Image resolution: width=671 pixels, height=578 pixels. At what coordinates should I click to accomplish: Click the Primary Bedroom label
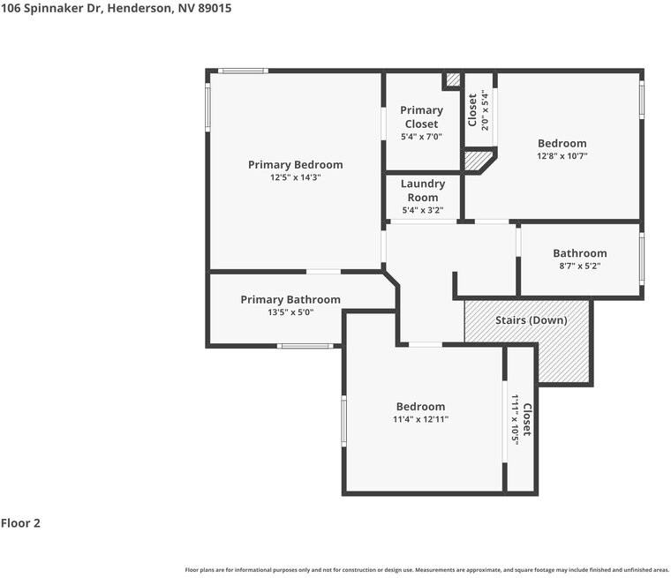pos(295,165)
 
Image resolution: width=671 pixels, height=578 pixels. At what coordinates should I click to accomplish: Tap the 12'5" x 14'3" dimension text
pos(295,177)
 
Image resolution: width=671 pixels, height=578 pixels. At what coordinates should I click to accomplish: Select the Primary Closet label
pos(421,116)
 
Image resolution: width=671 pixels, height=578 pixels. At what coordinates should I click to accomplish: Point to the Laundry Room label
pos(422,191)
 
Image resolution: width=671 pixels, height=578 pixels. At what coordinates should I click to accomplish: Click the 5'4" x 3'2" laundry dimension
pos(422,211)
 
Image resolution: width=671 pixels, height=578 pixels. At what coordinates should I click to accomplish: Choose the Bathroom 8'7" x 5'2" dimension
pos(579,266)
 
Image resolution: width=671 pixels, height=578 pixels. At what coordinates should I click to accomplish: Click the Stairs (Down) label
pos(530,320)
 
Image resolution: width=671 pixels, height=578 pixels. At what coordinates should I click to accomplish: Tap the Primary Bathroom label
pos(290,300)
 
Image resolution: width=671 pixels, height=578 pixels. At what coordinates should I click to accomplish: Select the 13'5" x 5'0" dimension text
pos(290,312)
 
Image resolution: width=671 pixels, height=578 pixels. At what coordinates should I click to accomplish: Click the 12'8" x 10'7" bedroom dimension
pos(562,156)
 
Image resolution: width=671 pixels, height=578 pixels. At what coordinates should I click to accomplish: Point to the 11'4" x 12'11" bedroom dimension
pos(420,419)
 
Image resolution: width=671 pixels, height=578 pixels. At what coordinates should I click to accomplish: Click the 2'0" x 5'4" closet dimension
pos(484,109)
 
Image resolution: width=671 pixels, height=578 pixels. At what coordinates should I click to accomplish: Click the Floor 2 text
pos(20,523)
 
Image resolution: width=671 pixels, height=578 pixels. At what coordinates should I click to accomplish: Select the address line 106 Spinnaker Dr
pos(116,8)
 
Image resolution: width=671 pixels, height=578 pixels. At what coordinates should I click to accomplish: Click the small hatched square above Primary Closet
pos(452,80)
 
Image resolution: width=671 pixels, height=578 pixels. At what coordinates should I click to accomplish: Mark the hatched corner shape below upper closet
pos(478,161)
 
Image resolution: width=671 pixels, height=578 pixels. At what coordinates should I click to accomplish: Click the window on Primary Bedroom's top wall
pos(243,71)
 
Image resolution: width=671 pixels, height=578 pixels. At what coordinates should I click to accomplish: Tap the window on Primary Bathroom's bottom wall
pos(305,346)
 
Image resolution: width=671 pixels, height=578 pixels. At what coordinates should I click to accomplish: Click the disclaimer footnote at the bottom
pos(426,570)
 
